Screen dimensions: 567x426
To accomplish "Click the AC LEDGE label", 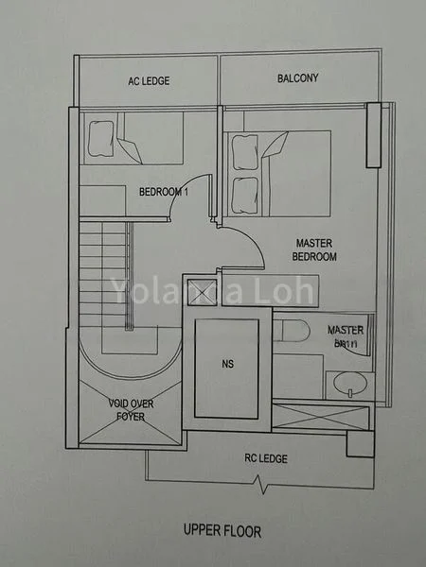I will (149, 81).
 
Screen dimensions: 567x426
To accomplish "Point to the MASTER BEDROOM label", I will (315, 249).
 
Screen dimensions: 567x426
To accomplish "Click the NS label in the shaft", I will (226, 362).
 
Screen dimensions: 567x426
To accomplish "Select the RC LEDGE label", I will (266, 459).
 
